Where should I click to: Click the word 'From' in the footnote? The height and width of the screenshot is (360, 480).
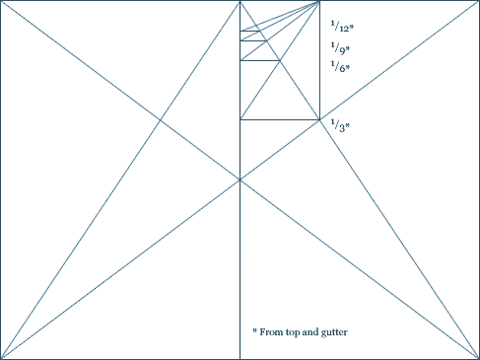[x=271, y=332]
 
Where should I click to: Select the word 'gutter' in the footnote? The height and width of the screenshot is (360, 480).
[x=332, y=332]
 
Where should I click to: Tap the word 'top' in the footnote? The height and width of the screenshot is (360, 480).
[x=293, y=332]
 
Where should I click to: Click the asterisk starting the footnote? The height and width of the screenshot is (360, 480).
[x=254, y=330]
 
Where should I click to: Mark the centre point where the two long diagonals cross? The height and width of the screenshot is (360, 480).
[x=240, y=180]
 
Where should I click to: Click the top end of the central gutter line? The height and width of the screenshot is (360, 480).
[x=240, y=2]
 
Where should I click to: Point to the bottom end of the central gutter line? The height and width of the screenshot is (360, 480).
[x=240, y=358]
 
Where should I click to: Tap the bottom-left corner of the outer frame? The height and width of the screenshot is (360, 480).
[x=1, y=358]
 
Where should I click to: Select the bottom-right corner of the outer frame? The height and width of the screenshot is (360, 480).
[x=478, y=358]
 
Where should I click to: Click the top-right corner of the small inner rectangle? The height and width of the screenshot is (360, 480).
[x=319, y=2]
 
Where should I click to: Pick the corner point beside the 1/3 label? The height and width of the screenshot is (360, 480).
[x=319, y=119]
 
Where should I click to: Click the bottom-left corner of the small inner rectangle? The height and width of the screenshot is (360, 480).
[x=240, y=119]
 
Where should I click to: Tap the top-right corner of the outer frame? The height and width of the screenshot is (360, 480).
[x=478, y=1]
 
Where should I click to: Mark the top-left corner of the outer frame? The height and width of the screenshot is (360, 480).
[x=1, y=1]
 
